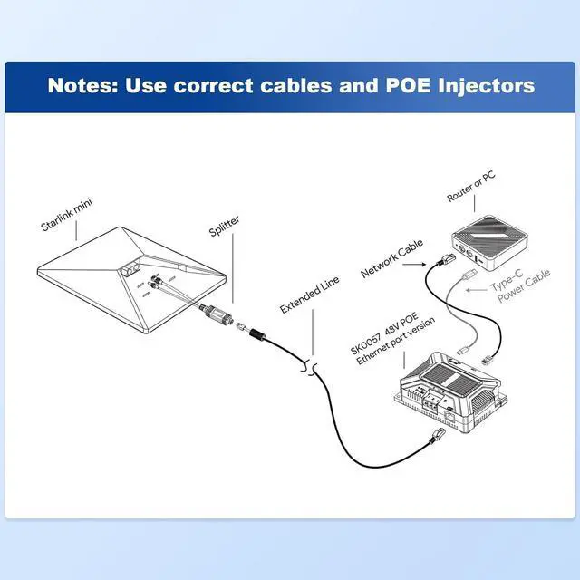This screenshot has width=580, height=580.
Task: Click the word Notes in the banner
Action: (82, 87)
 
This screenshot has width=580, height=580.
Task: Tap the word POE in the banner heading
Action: (386, 87)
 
